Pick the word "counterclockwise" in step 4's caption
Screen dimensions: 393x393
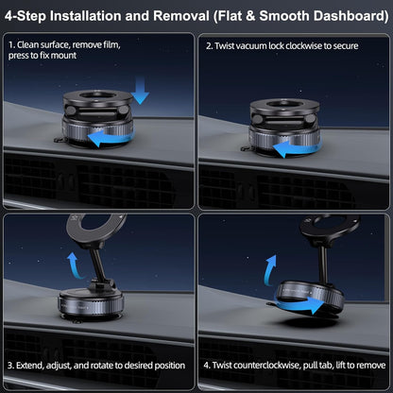274,364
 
